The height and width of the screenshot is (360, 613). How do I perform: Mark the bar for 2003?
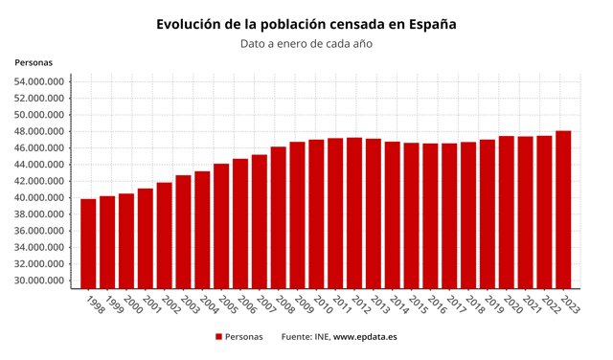(183, 231)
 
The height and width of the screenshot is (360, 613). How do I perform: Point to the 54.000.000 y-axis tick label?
(39, 81)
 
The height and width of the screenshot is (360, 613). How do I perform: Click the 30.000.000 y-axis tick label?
(39, 281)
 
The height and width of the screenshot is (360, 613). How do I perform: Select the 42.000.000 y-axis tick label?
(39, 181)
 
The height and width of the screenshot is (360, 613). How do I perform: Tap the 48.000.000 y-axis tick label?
(39, 131)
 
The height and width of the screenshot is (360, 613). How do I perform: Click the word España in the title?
(430, 23)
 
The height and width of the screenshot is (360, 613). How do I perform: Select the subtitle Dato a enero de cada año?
(306, 43)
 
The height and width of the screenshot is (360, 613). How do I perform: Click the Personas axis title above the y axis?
(34, 62)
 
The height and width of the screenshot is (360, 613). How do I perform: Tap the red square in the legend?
(218, 337)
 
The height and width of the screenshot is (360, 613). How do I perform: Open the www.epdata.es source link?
(365, 337)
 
